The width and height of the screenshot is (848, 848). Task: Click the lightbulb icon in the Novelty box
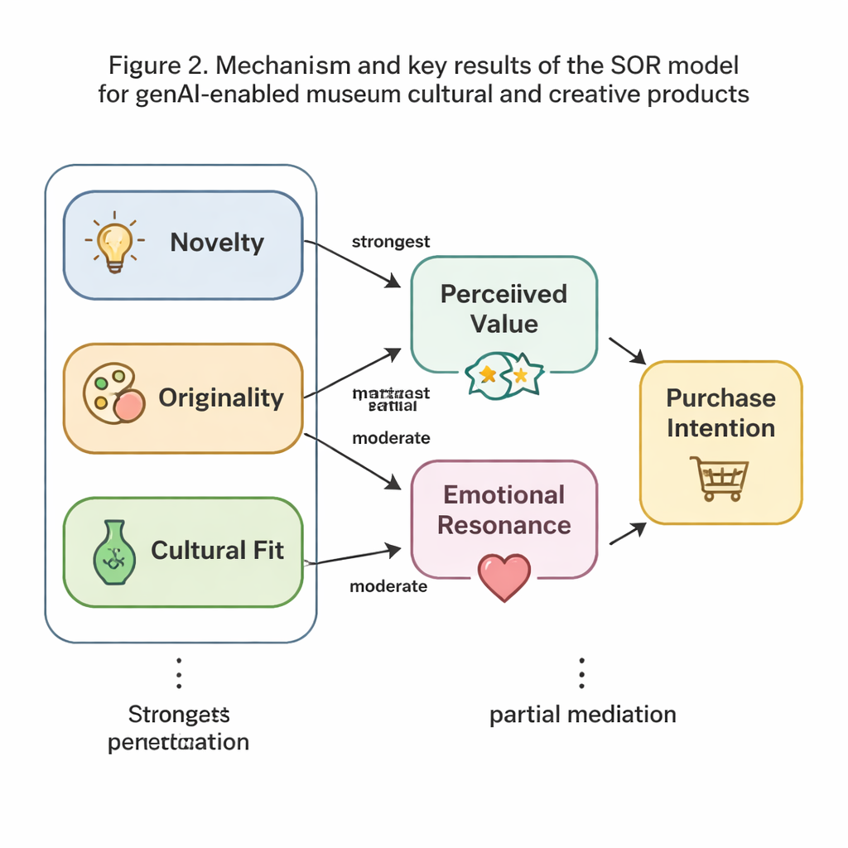[x=114, y=244]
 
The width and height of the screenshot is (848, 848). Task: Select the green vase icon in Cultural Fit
[x=112, y=553]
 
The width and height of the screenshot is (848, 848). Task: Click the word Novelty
[x=217, y=243]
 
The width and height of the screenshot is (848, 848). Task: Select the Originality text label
[x=220, y=397]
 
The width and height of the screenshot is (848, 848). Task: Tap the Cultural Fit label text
[x=217, y=551]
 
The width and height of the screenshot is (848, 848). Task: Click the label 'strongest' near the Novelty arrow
[x=391, y=242]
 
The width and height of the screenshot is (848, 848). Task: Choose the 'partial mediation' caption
[x=582, y=714]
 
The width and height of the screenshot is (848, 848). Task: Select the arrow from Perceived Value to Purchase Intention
[x=627, y=349]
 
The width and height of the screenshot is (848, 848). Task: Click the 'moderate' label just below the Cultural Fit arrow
[x=388, y=586]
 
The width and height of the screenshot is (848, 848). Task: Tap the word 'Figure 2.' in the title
[x=153, y=64]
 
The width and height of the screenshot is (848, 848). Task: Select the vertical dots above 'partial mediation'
[x=582, y=673]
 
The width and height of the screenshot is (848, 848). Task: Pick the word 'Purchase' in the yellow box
[x=720, y=397]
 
